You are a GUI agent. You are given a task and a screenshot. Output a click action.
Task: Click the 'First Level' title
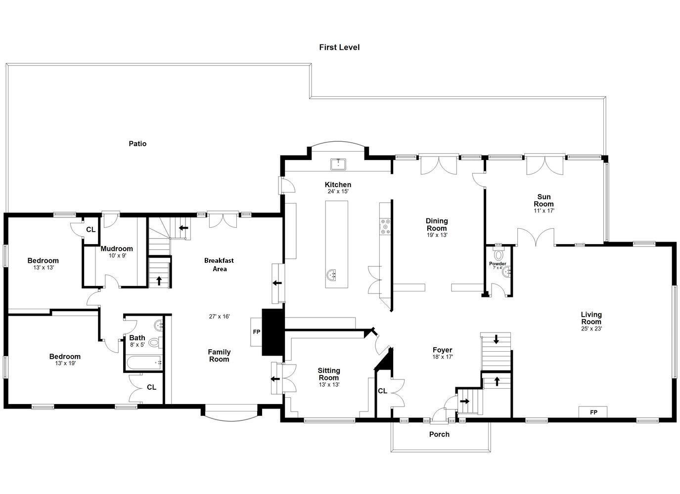coord(339,47)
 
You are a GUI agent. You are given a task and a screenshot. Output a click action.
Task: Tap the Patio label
coord(137,144)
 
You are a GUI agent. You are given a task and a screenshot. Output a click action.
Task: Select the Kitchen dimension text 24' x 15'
coord(338,191)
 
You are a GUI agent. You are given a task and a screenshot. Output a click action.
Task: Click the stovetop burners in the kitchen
coord(385,227)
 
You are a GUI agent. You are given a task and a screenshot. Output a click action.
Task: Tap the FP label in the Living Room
coord(593,412)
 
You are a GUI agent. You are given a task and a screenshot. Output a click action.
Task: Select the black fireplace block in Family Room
coord(273,332)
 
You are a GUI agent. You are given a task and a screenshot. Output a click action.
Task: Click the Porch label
coord(439,434)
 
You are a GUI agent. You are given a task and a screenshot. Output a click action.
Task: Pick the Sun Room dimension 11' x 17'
coord(544,210)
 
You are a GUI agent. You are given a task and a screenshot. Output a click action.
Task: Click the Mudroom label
coord(117,248)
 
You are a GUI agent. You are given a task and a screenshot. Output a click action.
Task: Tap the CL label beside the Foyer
coord(382,391)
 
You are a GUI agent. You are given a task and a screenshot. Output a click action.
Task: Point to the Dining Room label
coord(437,224)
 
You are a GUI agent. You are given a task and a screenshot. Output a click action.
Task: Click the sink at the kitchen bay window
coord(338,164)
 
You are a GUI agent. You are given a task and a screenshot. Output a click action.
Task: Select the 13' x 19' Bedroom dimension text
coord(65,363)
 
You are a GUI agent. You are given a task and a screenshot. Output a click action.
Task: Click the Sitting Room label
coord(329,374)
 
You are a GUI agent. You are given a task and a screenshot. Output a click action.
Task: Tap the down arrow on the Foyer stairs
coord(496,339)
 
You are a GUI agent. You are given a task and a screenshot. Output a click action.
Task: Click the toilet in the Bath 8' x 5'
coord(155,343)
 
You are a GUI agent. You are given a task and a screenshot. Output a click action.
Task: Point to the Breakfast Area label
coord(219,264)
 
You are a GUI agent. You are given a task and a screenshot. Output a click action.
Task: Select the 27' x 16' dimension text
coord(219,317)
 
